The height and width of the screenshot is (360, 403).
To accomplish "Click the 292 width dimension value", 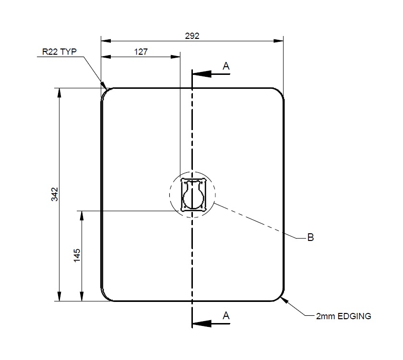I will coord(192,36).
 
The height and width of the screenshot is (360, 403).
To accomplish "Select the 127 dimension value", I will coord(141,51).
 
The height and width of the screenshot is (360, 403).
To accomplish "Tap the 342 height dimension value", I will coord(54,194).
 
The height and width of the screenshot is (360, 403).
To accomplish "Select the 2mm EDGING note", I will coord(344,316).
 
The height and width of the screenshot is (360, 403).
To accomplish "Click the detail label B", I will coord(310,237).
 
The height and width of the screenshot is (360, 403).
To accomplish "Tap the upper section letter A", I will coord(226,66).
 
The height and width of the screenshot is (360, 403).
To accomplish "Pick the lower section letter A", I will coord(226,315).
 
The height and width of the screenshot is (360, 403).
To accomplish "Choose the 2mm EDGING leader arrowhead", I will coord(283,300).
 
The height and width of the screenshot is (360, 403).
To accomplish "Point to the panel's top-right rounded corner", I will coord(279,93).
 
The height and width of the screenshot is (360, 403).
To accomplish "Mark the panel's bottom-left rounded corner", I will coord(106,296).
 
